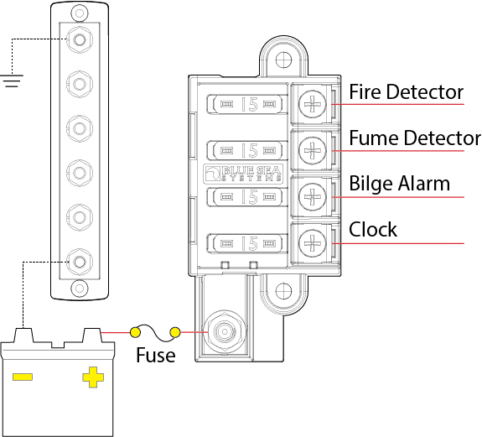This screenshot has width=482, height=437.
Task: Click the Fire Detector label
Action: click(406, 91)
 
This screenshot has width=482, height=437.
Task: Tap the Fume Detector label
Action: click(415, 138)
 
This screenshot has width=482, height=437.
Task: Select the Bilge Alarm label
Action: click(399, 184)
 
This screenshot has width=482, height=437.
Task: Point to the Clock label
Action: click(373, 230)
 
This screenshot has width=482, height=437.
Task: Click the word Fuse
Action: click(156, 355)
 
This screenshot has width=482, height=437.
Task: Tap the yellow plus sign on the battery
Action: click(93, 377)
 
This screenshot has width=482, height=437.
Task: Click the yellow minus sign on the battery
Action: click(23, 377)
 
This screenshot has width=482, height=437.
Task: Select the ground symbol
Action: click(12, 81)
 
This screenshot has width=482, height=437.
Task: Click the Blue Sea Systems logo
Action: click(243, 174)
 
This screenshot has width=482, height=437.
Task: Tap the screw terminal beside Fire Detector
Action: click(312, 104)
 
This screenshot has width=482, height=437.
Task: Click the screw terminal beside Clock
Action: click(312, 243)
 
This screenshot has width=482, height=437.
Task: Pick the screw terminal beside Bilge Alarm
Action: click(312, 197)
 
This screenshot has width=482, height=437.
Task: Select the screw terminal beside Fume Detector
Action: click(312, 150)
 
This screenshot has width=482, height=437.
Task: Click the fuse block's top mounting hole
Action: click(283, 60)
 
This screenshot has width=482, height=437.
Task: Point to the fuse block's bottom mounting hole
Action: click(283, 290)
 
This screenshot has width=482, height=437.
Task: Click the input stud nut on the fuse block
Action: click(225, 332)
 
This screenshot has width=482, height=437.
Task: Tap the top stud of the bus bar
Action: click(80, 39)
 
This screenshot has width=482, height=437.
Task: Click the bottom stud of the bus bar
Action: click(80, 262)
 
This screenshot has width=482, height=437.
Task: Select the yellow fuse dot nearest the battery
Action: click(135, 332)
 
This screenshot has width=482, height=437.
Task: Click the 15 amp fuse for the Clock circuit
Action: click(245, 243)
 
